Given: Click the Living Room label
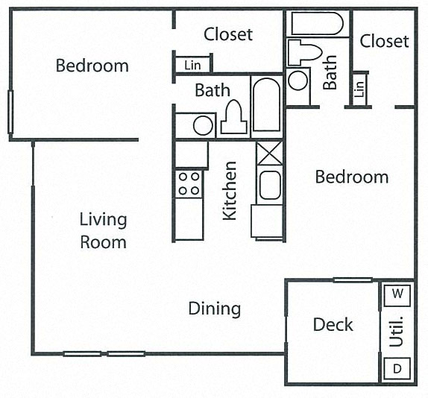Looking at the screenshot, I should pyautogui.click(x=104, y=231).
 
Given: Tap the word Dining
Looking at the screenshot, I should pyautogui.click(x=214, y=309).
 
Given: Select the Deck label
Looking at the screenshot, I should pyautogui.click(x=333, y=325).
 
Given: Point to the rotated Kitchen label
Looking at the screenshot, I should pyautogui.click(x=230, y=191).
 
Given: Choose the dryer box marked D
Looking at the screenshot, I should pyautogui.click(x=397, y=368).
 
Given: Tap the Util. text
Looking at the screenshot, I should pyautogui.click(x=397, y=332).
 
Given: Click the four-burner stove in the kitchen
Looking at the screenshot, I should pyautogui.click(x=189, y=183).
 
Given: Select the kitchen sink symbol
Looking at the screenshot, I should pyautogui.click(x=269, y=185).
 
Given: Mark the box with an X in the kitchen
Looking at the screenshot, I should pyautogui.click(x=268, y=153).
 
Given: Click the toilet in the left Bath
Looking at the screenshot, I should pyautogui.click(x=233, y=119).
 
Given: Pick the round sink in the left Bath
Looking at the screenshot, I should pyautogui.click(x=202, y=124).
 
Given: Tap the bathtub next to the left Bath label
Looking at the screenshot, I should pyautogui.click(x=265, y=105).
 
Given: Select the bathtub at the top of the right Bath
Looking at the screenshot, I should pyautogui.click(x=318, y=24).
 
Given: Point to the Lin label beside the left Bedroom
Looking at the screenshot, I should pyautogui.click(x=192, y=66).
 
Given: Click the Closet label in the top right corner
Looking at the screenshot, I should pyautogui.click(x=384, y=41).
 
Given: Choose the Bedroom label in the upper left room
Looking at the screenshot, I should pyautogui.click(x=92, y=66).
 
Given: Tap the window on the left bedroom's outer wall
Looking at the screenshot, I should pyautogui.click(x=10, y=112).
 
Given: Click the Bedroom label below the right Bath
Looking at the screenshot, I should pyautogui.click(x=351, y=177).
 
